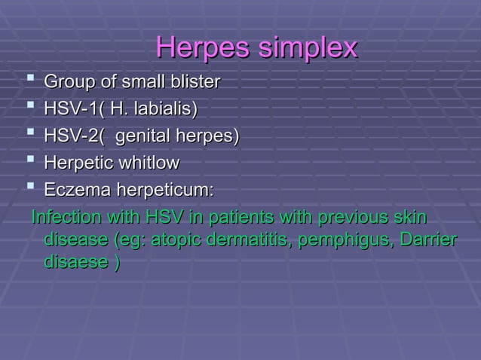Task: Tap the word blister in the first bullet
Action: pyautogui.click(x=195, y=81)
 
